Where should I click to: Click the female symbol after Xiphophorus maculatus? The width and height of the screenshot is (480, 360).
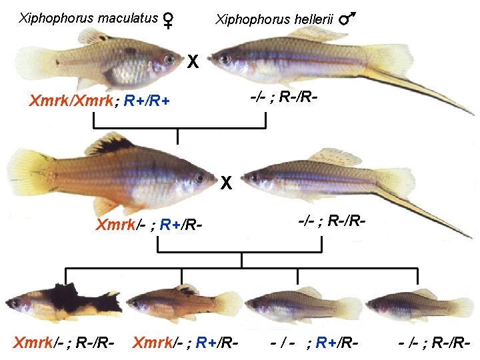169,21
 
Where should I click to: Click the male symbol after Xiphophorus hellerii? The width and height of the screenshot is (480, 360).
347,21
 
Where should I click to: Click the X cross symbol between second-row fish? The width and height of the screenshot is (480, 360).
227,181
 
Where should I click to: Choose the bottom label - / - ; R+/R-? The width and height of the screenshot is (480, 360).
315,344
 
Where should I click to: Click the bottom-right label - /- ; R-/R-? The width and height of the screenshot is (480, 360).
435,344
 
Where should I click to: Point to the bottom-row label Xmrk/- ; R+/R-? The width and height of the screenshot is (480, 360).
185,344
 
